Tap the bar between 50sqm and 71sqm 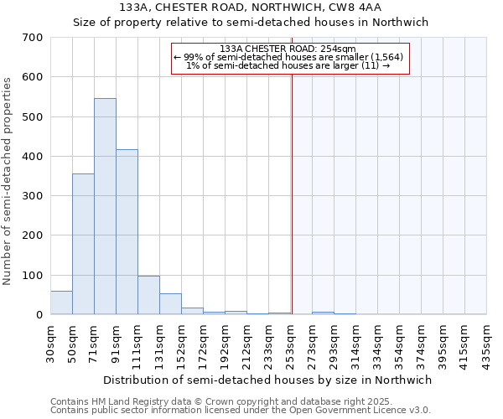(x=83, y=244)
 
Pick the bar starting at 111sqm (x=148, y=295)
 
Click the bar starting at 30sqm (x=61, y=303)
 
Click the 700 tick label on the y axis (x=33, y=38)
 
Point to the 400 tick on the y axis (x=33, y=157)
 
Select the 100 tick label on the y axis (x=33, y=275)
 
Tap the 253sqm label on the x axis (x=290, y=342)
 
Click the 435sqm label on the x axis (x=486, y=342)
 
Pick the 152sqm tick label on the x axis (x=181, y=342)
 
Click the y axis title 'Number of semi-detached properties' (x=8, y=180)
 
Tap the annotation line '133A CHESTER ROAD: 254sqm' (x=289, y=49)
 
